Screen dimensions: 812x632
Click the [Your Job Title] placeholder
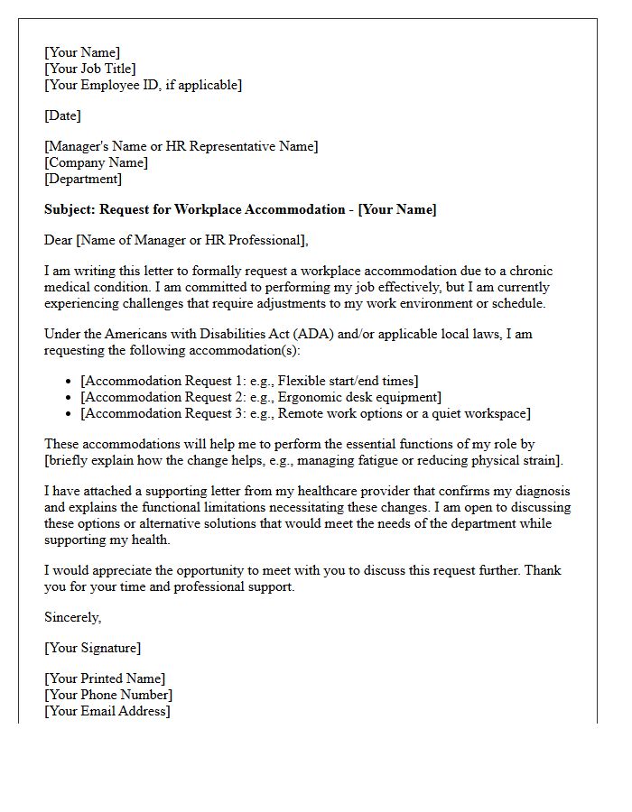point(90,69)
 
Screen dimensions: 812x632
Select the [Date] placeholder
point(62,115)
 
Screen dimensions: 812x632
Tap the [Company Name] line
point(96,162)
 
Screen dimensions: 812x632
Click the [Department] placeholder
point(83,179)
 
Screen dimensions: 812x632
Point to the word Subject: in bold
point(70,209)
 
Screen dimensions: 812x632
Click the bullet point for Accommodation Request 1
point(70,382)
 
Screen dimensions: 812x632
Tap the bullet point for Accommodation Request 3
point(70,414)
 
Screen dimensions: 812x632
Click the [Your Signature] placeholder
point(92,648)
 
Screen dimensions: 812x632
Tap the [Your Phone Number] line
point(108,695)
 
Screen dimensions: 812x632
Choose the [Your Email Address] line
point(107,711)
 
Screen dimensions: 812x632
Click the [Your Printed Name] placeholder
point(105,678)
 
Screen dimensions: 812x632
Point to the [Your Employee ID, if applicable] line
point(143,85)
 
